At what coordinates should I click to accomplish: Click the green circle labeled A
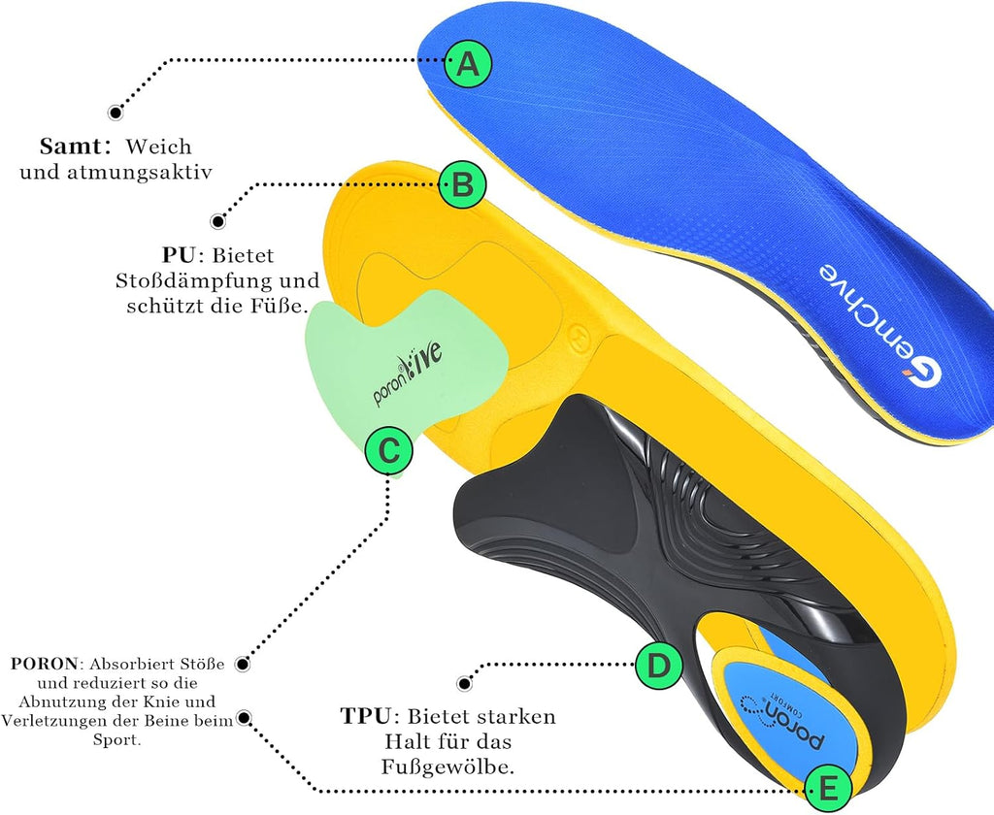(x=468, y=63)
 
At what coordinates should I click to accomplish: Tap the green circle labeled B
(x=462, y=185)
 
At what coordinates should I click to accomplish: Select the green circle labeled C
(x=388, y=450)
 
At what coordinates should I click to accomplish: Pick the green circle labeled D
(x=659, y=666)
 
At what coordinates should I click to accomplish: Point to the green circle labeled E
(x=828, y=790)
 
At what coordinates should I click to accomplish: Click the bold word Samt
(x=70, y=147)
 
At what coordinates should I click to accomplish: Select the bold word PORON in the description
(x=44, y=664)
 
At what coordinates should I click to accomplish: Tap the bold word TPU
(x=365, y=716)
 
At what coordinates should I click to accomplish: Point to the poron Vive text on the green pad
(x=407, y=374)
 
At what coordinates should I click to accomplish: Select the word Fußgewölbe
(x=447, y=767)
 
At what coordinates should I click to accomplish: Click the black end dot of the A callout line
(x=116, y=113)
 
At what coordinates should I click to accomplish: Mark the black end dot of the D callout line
(x=465, y=683)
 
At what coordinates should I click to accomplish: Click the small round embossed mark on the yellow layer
(x=579, y=334)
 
